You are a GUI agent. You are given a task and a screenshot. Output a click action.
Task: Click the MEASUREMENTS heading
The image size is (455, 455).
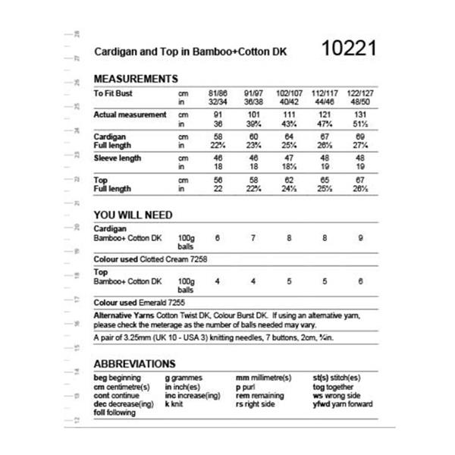[136, 79]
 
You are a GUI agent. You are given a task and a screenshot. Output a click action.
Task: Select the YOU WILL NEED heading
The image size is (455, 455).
[133, 215]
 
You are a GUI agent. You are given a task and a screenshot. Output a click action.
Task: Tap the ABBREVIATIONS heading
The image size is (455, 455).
[134, 364]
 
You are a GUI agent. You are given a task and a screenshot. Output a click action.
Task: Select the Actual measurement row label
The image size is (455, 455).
[130, 115]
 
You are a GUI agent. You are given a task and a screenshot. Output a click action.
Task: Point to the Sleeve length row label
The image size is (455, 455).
[121, 158]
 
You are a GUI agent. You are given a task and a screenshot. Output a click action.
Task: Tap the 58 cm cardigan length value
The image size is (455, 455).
[217, 136]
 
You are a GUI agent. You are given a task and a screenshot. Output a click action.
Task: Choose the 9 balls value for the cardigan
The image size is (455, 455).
[359, 238]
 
